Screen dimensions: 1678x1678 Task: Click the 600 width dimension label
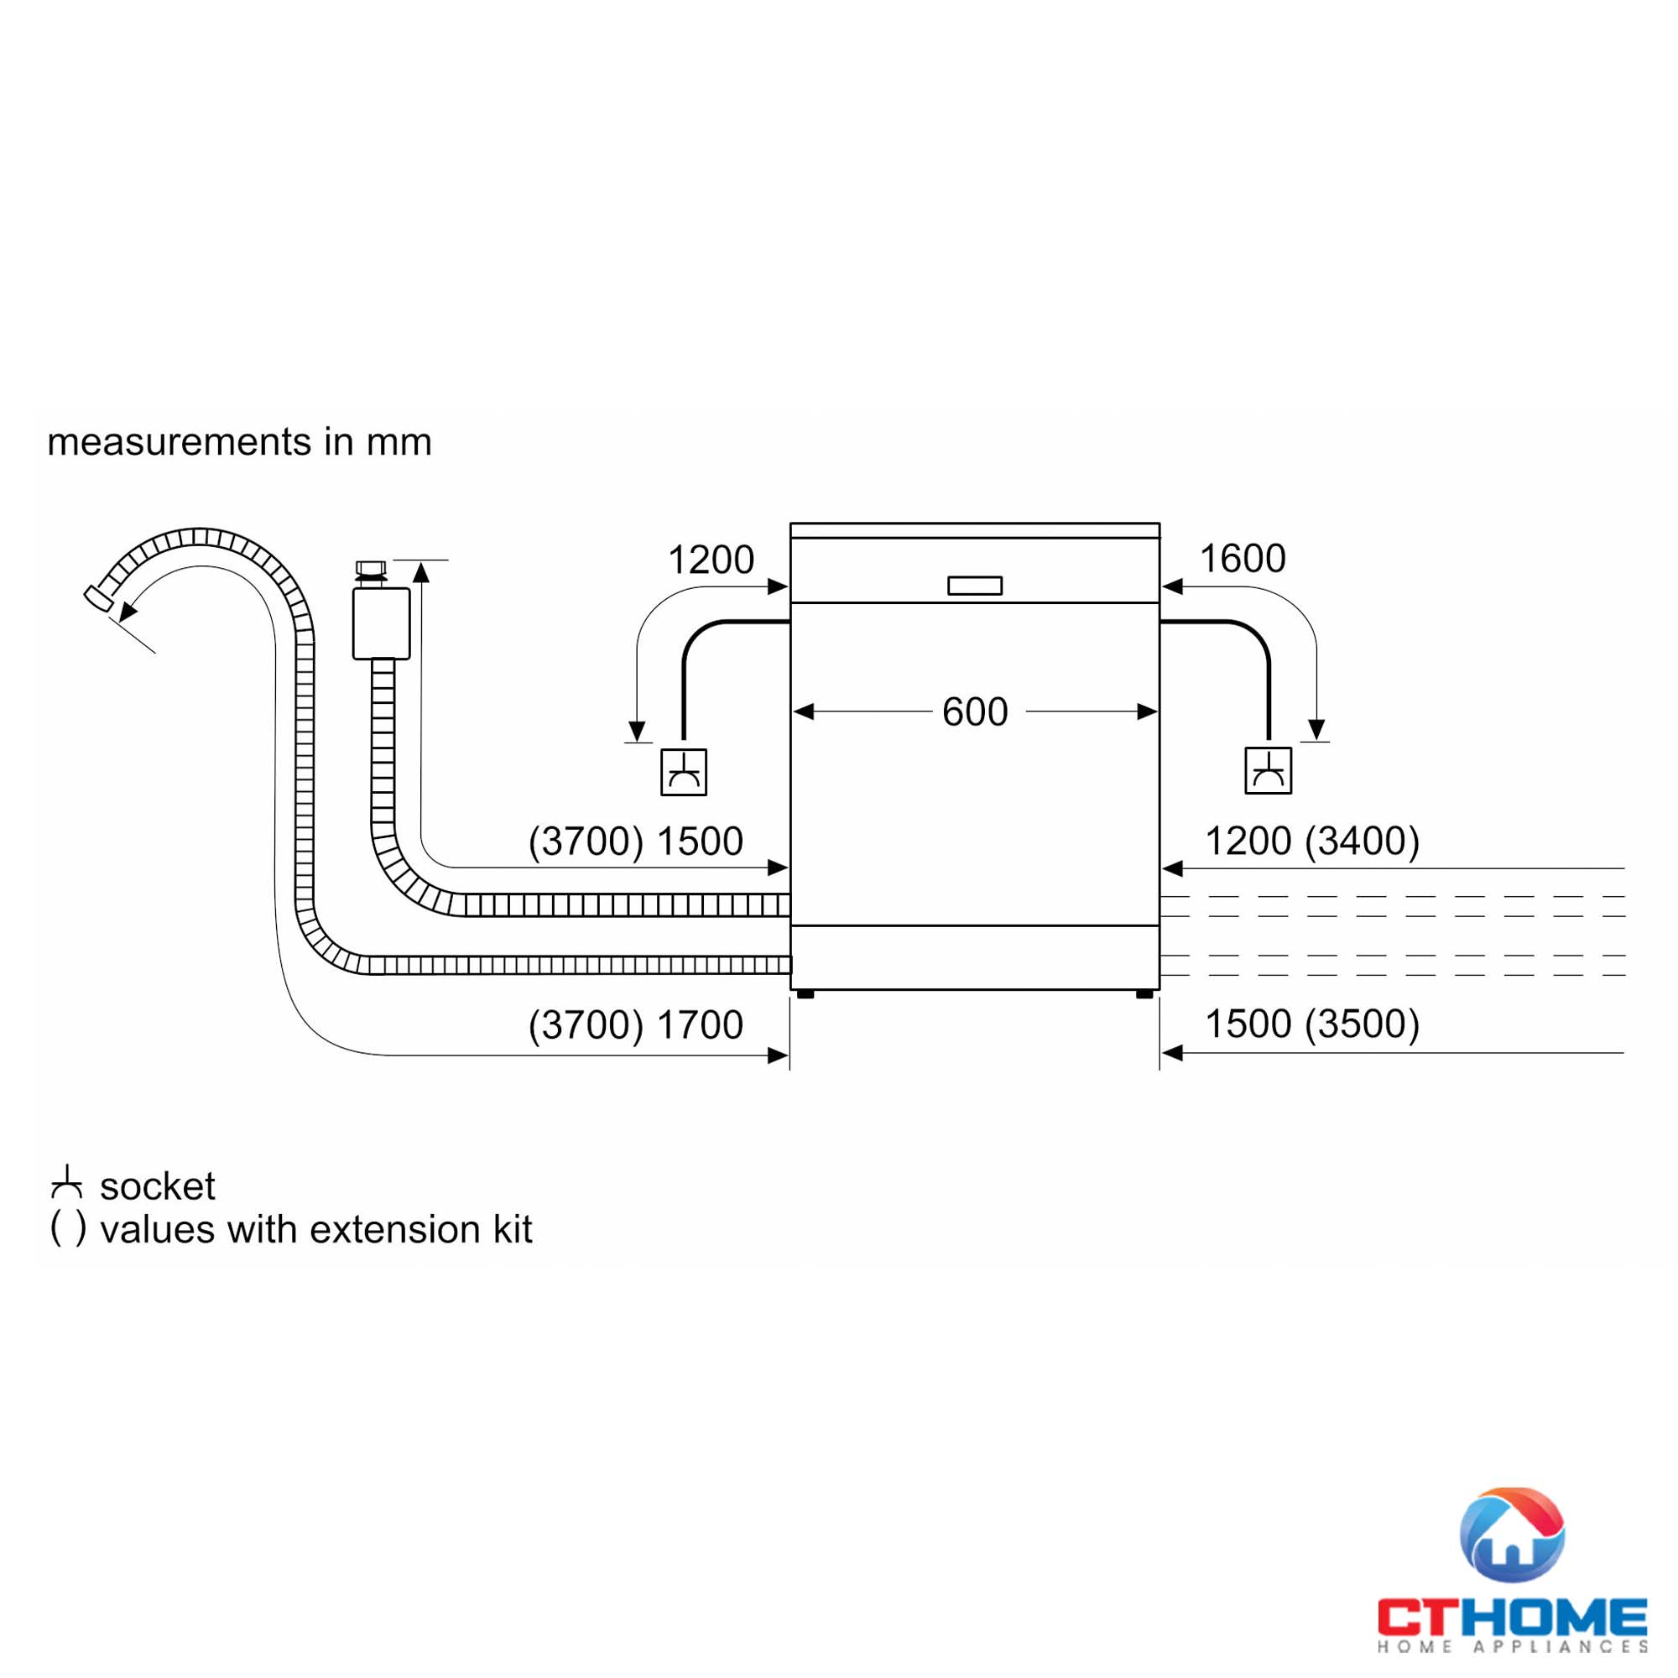(x=974, y=712)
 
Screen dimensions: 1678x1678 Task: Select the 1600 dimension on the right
(x=1242, y=559)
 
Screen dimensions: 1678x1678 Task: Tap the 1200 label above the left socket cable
(x=711, y=560)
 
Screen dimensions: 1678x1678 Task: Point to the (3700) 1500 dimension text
(x=636, y=841)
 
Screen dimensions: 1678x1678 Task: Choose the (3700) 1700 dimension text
(x=636, y=1025)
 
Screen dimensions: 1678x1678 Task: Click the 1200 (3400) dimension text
(x=1311, y=841)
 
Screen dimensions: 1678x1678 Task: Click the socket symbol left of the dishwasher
(x=684, y=772)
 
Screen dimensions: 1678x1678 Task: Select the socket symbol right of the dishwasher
(x=1268, y=770)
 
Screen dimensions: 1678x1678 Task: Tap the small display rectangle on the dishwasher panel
(x=974, y=586)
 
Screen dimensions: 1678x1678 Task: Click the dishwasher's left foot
(x=805, y=993)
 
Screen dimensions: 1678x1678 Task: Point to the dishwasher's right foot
(x=1144, y=993)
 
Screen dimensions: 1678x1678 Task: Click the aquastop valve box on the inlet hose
(x=381, y=623)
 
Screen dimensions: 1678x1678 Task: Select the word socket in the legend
(x=157, y=1186)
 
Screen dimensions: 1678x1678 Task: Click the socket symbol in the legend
(x=67, y=1183)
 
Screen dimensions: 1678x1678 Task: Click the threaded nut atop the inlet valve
(x=371, y=569)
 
